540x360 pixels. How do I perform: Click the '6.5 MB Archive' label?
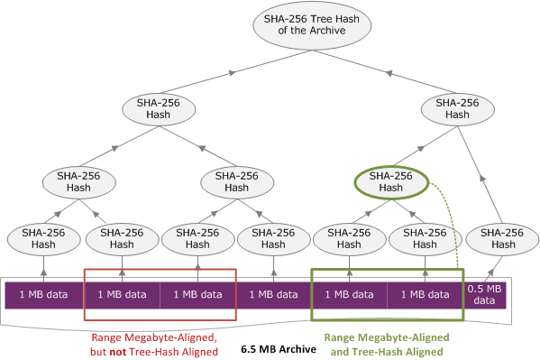pos(279,346)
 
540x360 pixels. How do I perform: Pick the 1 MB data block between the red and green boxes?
pos(274,294)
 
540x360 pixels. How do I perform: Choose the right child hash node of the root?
pos(457,108)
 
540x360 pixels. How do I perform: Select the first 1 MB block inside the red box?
pos(122,294)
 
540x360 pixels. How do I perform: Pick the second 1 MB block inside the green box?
pos(425,294)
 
